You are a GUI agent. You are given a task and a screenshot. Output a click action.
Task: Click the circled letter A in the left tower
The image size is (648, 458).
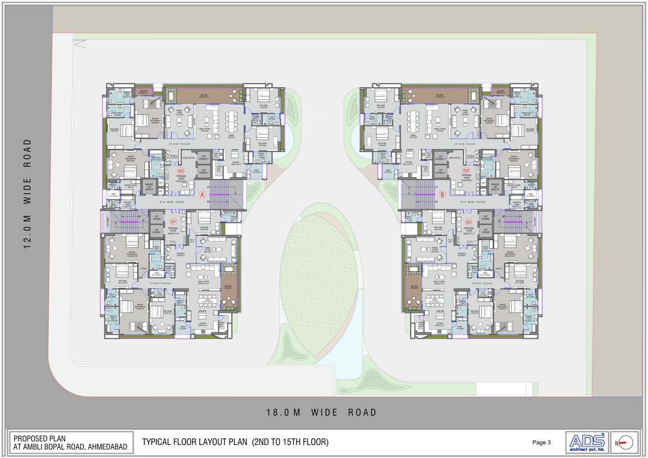click(202, 194)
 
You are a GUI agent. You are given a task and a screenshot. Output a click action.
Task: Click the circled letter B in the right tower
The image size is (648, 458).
click(442, 194)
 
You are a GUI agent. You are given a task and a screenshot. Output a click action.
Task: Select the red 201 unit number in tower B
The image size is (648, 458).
click(468, 222)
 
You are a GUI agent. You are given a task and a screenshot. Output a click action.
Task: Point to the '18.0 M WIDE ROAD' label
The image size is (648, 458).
click(322, 412)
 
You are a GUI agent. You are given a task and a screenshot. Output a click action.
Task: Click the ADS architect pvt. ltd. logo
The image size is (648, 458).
click(587, 442)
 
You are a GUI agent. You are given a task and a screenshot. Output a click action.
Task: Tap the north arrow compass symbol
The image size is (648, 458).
click(624, 442)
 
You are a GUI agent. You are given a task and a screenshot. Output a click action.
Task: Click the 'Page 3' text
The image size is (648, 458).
click(541, 442)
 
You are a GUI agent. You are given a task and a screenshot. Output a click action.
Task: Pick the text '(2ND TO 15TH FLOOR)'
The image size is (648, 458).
click(290, 442)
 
